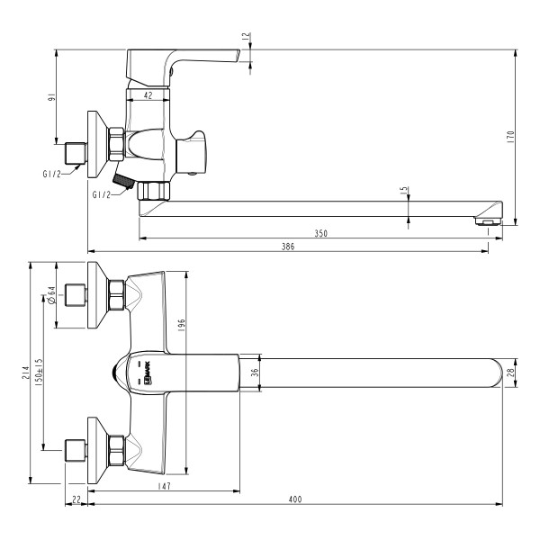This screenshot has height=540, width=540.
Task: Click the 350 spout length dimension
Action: [321, 233]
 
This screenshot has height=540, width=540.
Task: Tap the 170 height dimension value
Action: [510, 137]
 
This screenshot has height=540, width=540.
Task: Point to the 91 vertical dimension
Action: [51, 97]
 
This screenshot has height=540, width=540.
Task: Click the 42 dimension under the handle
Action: [148, 93]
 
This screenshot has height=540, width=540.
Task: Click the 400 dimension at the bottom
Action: [294, 499]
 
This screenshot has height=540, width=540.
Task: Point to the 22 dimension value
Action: [76, 499]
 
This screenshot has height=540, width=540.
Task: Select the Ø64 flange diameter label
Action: [52, 294]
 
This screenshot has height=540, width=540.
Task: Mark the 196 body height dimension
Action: [180, 324]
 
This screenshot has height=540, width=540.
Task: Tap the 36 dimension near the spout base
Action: [254, 372]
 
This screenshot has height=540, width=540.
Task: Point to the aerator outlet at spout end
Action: [488, 220]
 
